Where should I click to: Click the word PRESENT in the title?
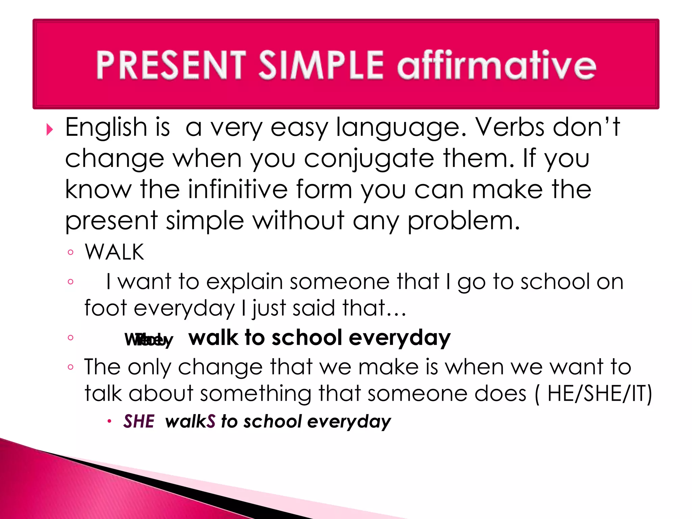[171, 65]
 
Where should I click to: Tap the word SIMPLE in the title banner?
[321, 65]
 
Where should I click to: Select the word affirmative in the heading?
[497, 65]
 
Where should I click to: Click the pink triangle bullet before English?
[50, 129]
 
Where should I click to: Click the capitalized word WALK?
[115, 252]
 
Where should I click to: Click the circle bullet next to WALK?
[70, 252]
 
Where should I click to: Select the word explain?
[244, 281]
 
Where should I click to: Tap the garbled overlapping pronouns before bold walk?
[149, 340]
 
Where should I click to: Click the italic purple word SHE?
[139, 421]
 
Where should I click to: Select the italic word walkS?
[190, 421]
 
